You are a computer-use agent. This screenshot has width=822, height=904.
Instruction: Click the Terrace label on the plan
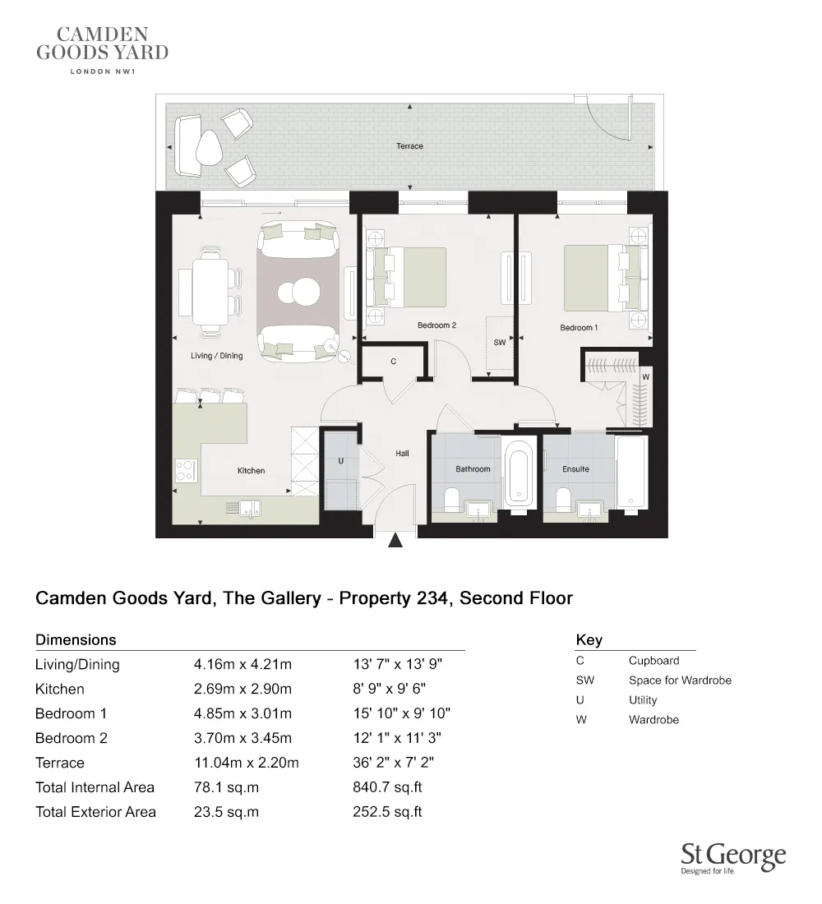[x=409, y=146]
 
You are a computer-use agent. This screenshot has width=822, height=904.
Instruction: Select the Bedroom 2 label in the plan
[x=436, y=325]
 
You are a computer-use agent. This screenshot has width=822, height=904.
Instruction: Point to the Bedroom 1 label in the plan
[x=579, y=328]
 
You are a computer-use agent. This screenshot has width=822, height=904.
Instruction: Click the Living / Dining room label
[x=216, y=356]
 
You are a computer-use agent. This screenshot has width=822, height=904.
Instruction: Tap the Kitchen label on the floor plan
[x=251, y=471]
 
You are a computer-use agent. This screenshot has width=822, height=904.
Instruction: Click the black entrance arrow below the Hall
[x=396, y=540]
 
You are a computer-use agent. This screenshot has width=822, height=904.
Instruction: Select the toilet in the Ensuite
[x=564, y=500]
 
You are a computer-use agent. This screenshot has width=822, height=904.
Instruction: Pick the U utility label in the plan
[x=340, y=462]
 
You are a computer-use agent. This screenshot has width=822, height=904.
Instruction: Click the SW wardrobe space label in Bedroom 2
[x=499, y=343]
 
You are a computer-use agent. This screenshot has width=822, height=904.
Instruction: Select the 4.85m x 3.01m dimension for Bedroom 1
[x=242, y=713]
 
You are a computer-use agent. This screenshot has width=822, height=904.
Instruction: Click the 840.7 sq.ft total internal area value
[x=387, y=787]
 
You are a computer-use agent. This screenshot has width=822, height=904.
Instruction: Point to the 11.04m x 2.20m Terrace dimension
[x=246, y=763]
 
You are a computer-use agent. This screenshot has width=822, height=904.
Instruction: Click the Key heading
[x=589, y=640]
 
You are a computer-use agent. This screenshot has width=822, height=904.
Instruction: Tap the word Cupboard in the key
[x=653, y=661]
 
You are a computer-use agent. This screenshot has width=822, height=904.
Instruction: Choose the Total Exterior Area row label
[x=95, y=812]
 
